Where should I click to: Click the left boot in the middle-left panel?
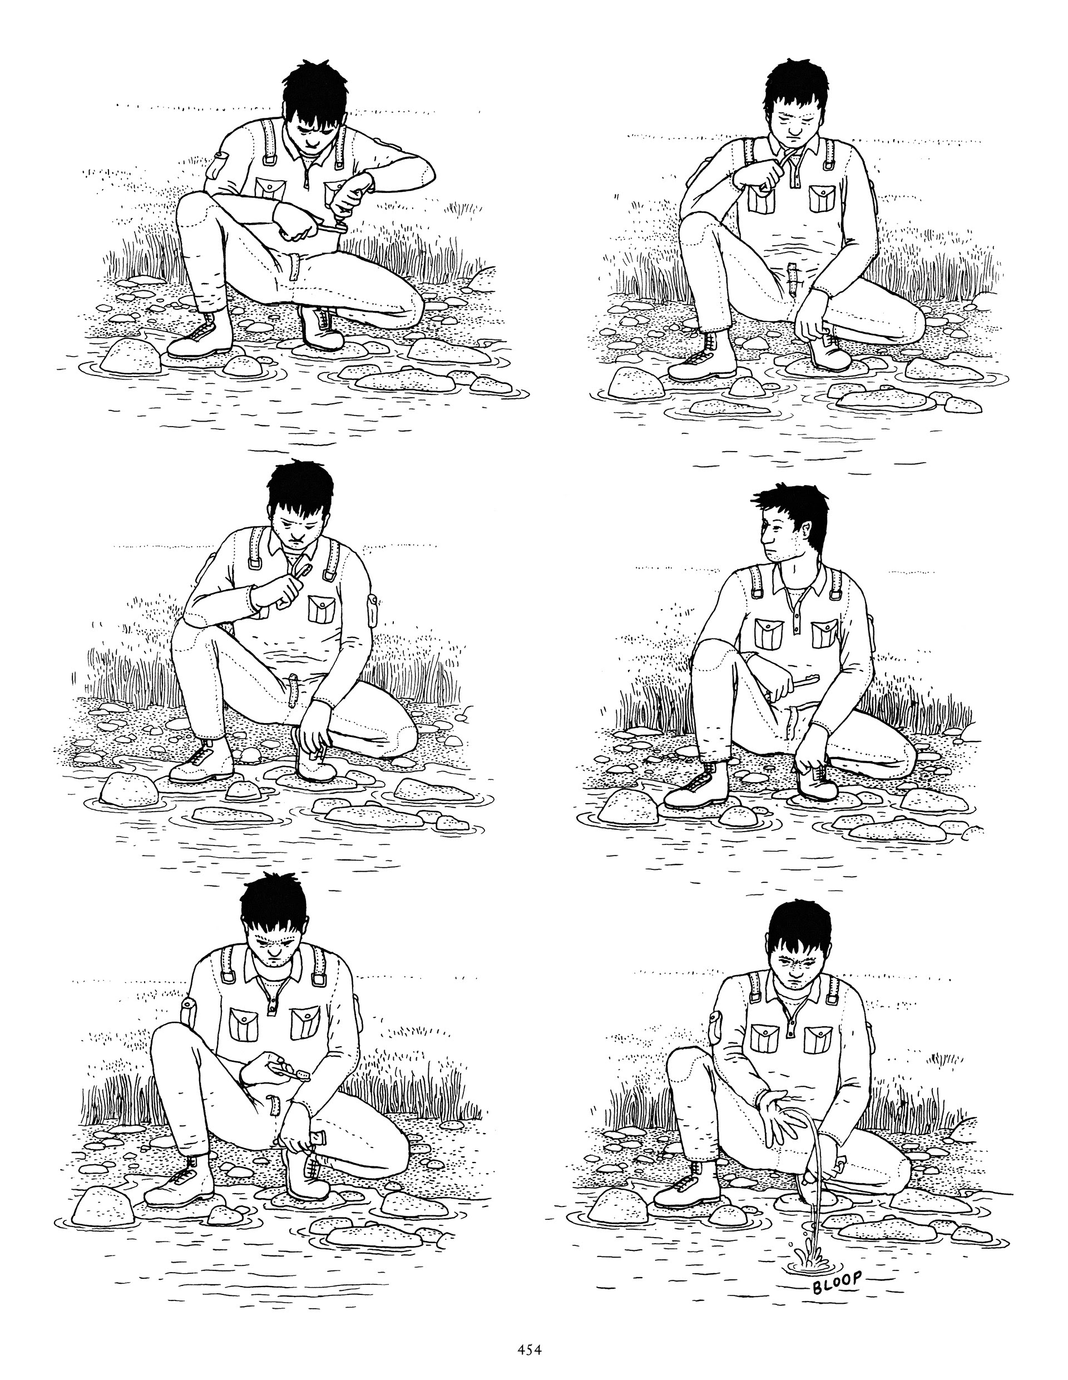point(202,761)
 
